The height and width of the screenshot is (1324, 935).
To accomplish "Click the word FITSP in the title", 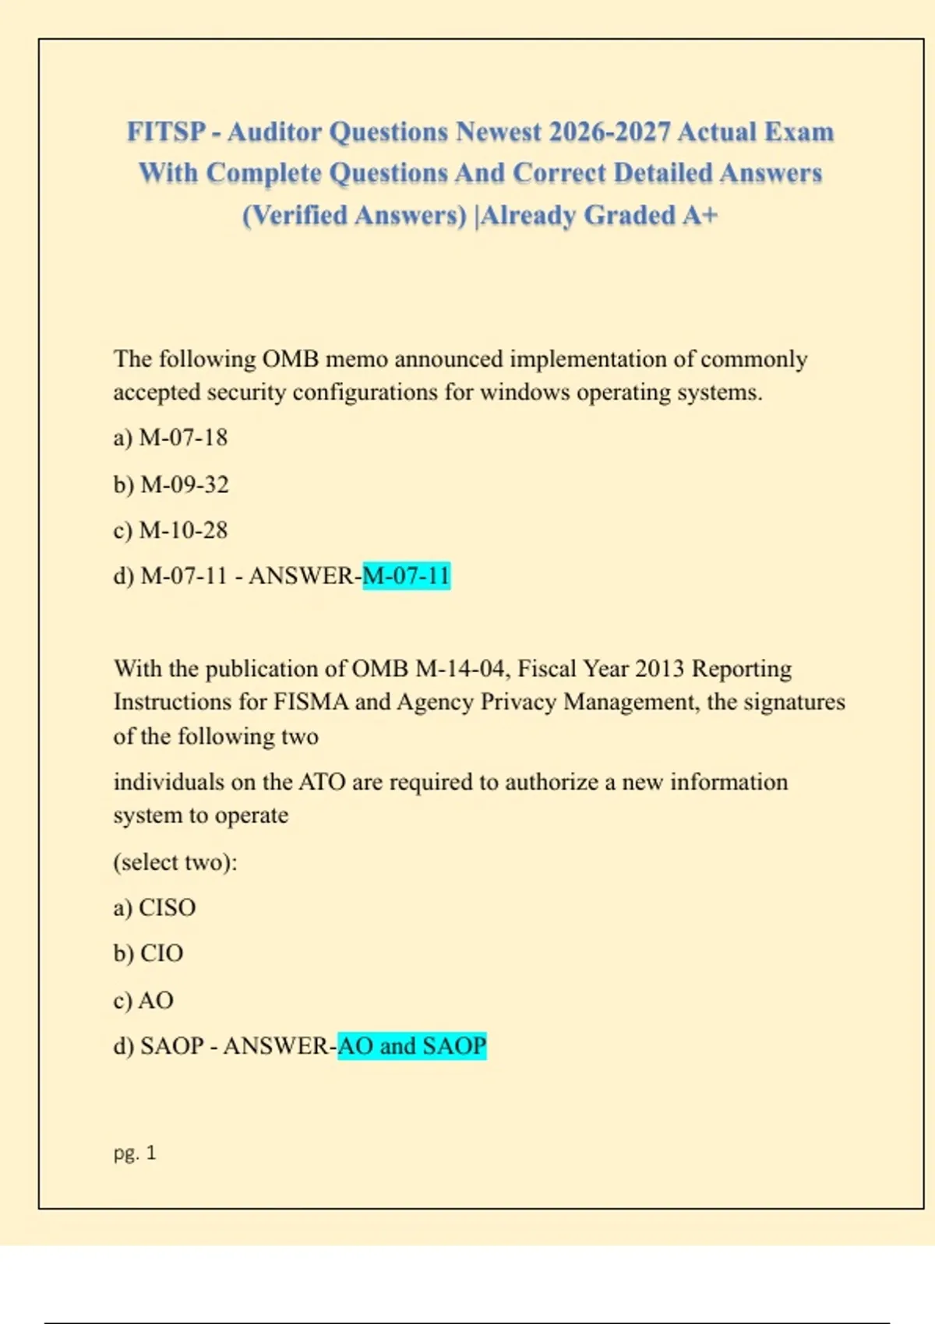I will click(x=166, y=132).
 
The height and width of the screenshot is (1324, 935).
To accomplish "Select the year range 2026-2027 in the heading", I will click(x=609, y=132).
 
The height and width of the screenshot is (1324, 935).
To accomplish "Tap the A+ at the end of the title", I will click(x=700, y=215).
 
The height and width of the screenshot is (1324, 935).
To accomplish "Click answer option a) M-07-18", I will click(x=171, y=438).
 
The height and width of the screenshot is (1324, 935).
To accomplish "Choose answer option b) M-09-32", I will click(x=171, y=484).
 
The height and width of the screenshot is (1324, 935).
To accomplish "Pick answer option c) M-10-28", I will click(x=171, y=530).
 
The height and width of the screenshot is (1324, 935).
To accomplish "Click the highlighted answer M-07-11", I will click(x=406, y=576).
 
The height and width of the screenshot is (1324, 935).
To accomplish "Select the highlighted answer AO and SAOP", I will click(x=411, y=1045).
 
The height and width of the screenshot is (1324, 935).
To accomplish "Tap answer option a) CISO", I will click(x=154, y=907).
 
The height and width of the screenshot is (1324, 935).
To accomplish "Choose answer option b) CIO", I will click(x=148, y=953).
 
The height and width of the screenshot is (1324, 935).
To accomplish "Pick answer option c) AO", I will click(x=143, y=1000).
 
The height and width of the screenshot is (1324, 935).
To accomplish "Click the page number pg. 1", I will click(x=135, y=1153).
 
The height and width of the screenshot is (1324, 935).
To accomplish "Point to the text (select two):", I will click(x=175, y=862).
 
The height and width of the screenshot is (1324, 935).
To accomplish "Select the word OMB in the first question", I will click(x=290, y=359).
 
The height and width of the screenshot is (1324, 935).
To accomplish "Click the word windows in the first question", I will click(x=524, y=393).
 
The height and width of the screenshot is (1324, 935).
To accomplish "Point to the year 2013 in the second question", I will click(x=658, y=669).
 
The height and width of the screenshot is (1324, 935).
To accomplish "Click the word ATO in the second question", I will click(x=322, y=782).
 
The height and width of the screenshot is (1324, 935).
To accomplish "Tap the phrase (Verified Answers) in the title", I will click(x=355, y=215).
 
